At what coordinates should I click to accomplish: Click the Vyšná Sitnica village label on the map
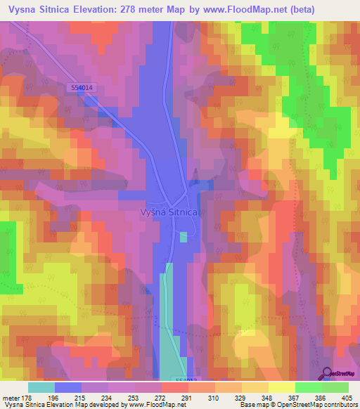171,212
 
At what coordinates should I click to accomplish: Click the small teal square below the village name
184,238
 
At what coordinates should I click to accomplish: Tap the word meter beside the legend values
11,397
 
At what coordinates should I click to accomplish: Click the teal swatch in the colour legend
41,387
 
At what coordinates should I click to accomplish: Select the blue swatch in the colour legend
68,387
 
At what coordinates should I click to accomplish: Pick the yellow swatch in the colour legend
282,387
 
